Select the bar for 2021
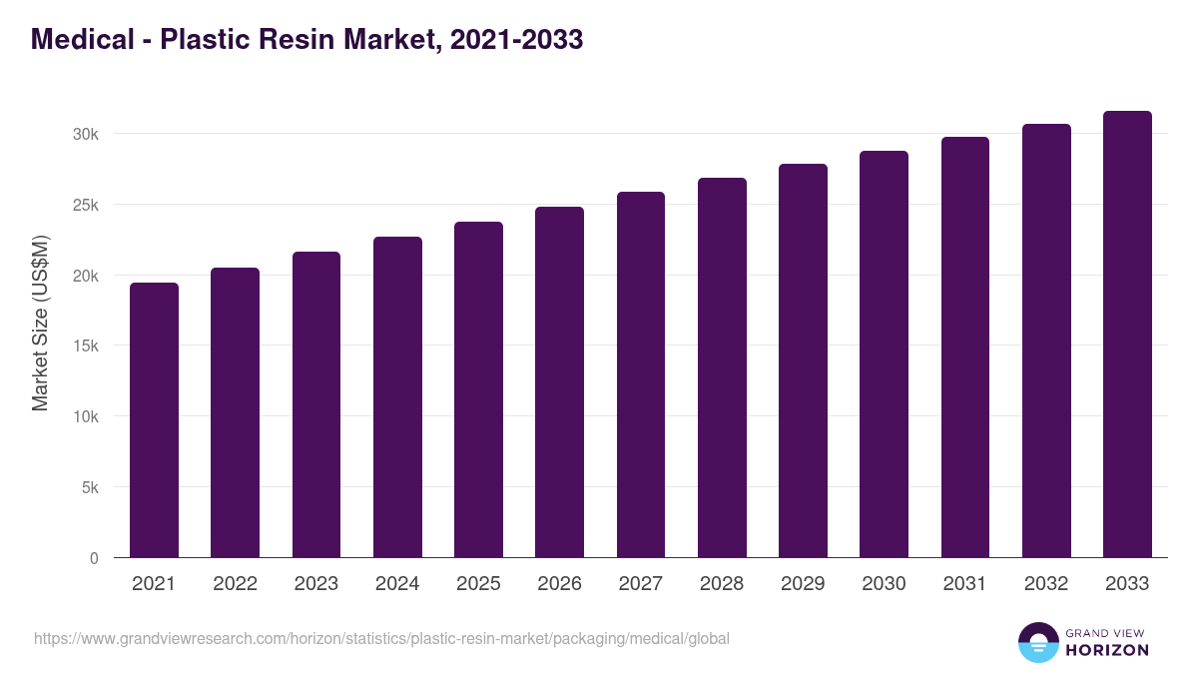click(x=154, y=420)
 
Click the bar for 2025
click(x=478, y=389)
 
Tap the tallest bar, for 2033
click(x=1127, y=335)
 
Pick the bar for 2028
click(x=722, y=367)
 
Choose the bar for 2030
click(x=884, y=354)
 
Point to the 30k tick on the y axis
click(x=85, y=134)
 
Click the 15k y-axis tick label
click(x=85, y=346)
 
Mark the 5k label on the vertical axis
click(x=89, y=488)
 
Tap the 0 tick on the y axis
click(x=94, y=559)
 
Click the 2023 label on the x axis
click(x=315, y=584)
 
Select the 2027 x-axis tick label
click(x=640, y=584)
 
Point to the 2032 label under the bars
click(x=1045, y=584)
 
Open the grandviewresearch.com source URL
click(x=381, y=638)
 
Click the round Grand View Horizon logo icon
click(x=1037, y=642)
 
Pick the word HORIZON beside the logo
click(x=1106, y=650)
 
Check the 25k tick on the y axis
click(x=85, y=205)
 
